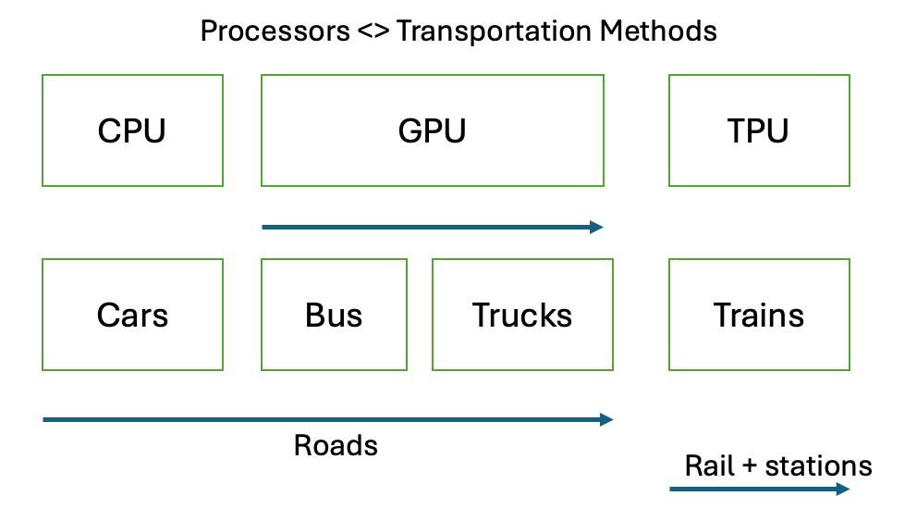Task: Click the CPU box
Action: (x=133, y=130)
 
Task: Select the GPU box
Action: (x=433, y=130)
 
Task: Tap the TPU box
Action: (x=759, y=130)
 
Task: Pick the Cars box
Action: (x=133, y=315)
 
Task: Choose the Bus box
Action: (x=335, y=315)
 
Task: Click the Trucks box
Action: (x=522, y=315)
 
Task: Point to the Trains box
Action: (x=759, y=315)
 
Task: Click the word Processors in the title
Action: (x=275, y=31)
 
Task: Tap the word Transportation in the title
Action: (x=494, y=31)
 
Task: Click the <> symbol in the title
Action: (x=373, y=31)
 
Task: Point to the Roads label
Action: (x=336, y=445)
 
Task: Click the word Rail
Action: (x=710, y=465)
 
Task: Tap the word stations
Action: (x=818, y=466)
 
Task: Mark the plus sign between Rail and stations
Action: (x=750, y=466)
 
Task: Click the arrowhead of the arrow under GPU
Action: (x=597, y=227)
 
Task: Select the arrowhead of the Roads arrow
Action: (x=606, y=419)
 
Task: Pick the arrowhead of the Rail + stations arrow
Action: (x=843, y=490)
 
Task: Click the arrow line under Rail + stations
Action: (x=760, y=490)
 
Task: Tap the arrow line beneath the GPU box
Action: (x=433, y=227)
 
